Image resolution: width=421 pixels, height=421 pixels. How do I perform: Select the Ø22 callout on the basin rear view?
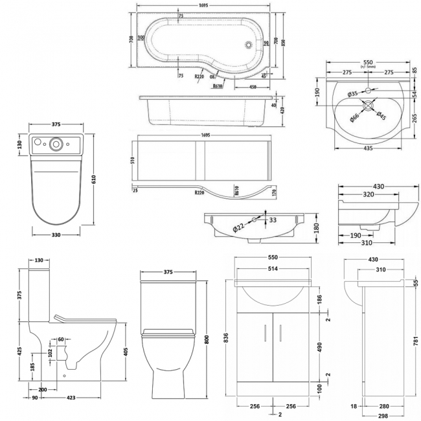coord(239,227)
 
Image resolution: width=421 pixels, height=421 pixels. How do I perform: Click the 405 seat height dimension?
coord(126,352)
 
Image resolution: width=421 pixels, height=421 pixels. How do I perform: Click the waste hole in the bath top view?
coord(253,44)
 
